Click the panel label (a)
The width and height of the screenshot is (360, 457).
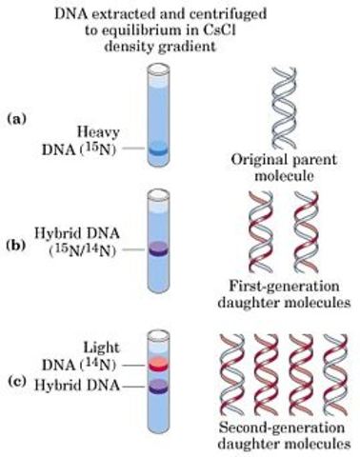tap(16, 117)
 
